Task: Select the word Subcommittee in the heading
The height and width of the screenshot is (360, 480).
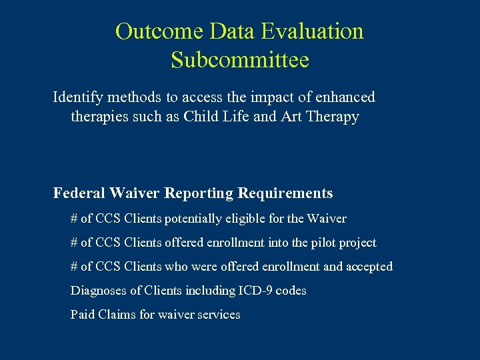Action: (240, 60)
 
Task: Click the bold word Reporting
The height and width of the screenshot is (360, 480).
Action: (199, 193)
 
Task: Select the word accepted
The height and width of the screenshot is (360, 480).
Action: (369, 267)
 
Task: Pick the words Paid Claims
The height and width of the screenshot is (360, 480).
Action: (103, 315)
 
